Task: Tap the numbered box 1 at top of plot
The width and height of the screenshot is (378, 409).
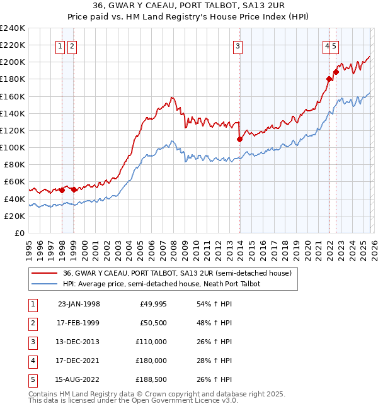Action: tap(61, 45)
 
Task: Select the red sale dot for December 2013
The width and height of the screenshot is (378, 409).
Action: tap(239, 139)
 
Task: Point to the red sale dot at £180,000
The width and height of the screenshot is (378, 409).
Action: tap(329, 79)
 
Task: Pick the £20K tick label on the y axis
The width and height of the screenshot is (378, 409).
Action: tap(14, 216)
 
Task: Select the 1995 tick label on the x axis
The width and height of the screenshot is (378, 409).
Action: tap(29, 245)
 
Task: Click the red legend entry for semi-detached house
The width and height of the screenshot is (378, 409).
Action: tap(177, 274)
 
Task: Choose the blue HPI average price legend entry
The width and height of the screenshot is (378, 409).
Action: tap(161, 284)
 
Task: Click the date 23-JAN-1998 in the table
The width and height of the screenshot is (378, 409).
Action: tap(78, 304)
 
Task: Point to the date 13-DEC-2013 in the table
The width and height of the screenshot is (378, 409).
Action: tap(78, 342)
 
